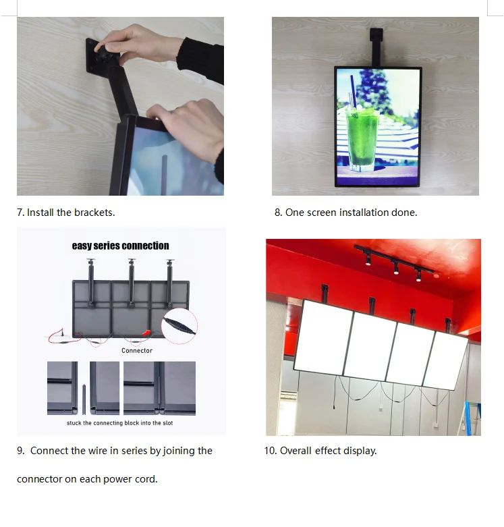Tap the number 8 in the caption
point(278,213)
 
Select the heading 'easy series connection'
point(120,246)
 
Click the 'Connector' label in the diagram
point(137,351)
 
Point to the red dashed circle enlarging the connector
point(179,326)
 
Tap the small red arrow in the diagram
point(146,333)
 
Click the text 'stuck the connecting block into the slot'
point(119,423)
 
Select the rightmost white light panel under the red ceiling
point(446,361)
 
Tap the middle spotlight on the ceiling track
point(396,267)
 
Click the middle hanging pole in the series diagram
point(132,282)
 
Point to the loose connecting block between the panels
point(84,399)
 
